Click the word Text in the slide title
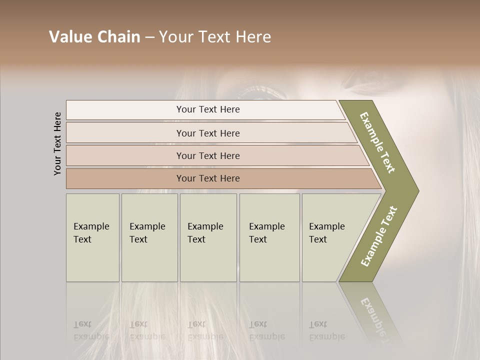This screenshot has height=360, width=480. point(216,37)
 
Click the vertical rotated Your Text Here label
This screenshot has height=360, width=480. point(57,143)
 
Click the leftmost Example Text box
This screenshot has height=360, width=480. point(92,237)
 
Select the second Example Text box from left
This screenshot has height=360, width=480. point(149,237)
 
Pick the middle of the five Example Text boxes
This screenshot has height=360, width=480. point(208,237)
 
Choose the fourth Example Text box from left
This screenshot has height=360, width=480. point(269,237)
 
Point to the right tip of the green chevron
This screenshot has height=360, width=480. point(417,190)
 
